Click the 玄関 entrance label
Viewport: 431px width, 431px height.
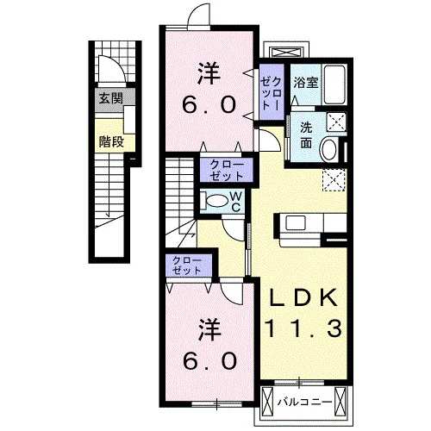[111, 98]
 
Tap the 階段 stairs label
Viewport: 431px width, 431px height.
[111, 141]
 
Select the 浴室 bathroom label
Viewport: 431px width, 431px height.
[306, 83]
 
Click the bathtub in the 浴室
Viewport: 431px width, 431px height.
[334, 84]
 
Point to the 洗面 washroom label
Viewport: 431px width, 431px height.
[306, 135]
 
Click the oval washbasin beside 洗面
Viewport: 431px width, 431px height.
[329, 149]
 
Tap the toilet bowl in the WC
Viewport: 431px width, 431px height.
[217, 201]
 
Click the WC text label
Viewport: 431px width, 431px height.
[236, 202]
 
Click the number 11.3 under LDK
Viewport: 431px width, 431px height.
[304, 328]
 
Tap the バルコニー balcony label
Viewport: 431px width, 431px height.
[304, 402]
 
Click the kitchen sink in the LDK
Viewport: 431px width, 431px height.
[295, 222]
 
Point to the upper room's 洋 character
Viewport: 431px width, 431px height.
[209, 73]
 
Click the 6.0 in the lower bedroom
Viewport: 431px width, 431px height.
[209, 361]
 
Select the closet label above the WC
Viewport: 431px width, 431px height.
[227, 170]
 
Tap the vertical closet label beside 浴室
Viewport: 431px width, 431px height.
[271, 93]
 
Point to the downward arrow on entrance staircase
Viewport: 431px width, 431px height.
[109, 188]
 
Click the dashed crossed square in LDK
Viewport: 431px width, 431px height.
[334, 180]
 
